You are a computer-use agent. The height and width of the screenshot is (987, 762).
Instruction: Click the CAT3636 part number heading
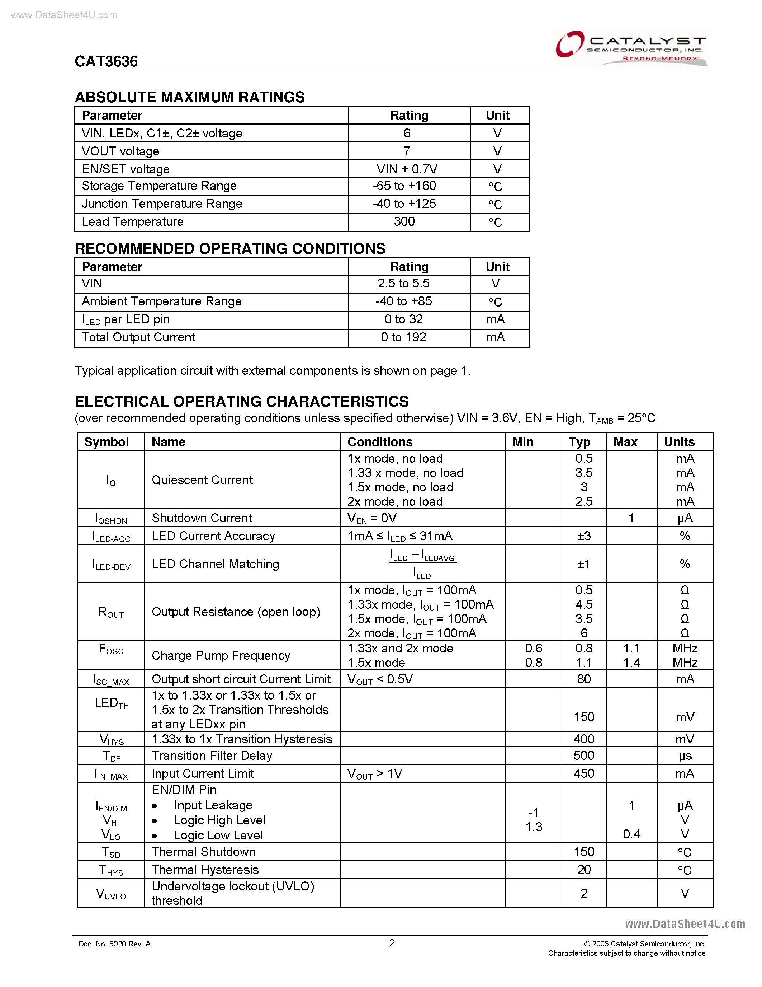coord(106,61)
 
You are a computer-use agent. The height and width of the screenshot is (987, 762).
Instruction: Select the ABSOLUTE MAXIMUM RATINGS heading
coord(190,97)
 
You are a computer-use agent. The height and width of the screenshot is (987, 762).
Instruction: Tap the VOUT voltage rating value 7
coord(407,151)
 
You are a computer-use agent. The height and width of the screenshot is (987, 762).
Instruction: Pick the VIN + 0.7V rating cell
coord(407,169)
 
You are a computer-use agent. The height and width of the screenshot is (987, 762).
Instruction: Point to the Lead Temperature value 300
coord(404,221)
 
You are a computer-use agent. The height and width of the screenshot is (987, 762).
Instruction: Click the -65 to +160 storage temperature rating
coord(404,186)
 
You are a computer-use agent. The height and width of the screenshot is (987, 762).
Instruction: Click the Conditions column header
coord(380,442)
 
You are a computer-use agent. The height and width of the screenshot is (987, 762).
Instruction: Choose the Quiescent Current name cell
coord(202,480)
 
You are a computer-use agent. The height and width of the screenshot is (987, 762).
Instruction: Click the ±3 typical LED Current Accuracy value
coord(584,536)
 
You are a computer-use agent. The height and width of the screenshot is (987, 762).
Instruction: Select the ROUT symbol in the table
coord(111,612)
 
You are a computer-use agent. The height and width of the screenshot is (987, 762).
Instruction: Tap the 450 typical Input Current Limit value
coord(584,774)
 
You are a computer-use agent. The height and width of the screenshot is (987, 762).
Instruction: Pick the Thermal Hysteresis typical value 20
coord(584,870)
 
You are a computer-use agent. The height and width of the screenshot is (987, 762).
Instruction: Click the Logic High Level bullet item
coord(219,820)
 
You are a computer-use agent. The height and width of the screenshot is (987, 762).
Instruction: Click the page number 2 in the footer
coord(392,943)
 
